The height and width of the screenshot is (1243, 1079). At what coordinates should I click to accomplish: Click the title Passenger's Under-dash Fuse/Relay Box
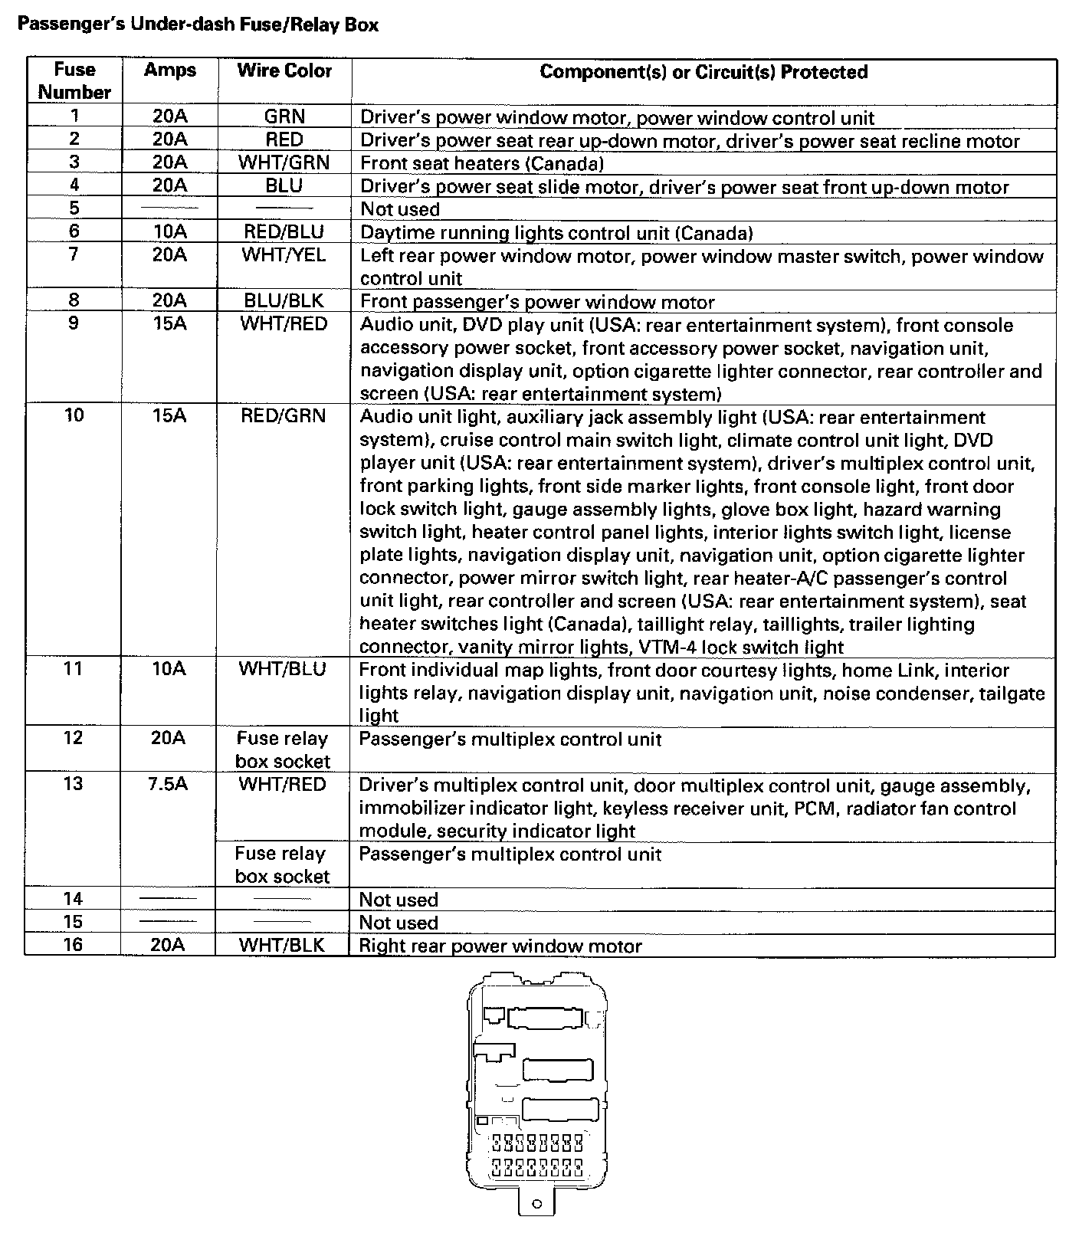[x=198, y=25]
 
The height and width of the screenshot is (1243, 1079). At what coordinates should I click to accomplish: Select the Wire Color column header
[x=284, y=71]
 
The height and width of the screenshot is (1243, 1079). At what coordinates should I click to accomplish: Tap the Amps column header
[x=169, y=71]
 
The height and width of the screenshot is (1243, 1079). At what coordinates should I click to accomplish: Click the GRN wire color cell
[x=284, y=116]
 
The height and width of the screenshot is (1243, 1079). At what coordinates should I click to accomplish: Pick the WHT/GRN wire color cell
[x=284, y=162]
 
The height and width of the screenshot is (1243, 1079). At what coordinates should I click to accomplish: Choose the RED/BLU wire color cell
[x=284, y=231]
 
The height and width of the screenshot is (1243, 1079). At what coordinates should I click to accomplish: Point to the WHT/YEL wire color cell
[x=284, y=254]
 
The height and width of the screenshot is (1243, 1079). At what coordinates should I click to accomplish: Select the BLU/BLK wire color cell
[x=284, y=300]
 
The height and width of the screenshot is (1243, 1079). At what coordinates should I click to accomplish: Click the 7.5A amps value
[x=169, y=784]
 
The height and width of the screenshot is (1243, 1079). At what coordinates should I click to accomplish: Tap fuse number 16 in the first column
[x=73, y=944]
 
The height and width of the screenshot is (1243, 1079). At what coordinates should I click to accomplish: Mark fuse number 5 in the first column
[x=74, y=208]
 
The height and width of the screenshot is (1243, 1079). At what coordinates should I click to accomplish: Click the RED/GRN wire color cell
[x=284, y=415]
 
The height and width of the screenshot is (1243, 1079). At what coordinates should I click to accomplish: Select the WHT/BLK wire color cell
[x=282, y=945]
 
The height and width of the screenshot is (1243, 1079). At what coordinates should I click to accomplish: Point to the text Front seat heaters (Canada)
[x=482, y=163]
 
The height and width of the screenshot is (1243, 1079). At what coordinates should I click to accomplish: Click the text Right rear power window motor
[x=500, y=946]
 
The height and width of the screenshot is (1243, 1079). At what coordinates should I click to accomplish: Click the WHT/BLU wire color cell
[x=282, y=669]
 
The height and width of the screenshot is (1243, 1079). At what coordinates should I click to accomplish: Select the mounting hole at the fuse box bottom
[x=537, y=1204]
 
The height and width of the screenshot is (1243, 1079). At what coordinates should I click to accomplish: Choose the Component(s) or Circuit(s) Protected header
[x=703, y=72]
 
